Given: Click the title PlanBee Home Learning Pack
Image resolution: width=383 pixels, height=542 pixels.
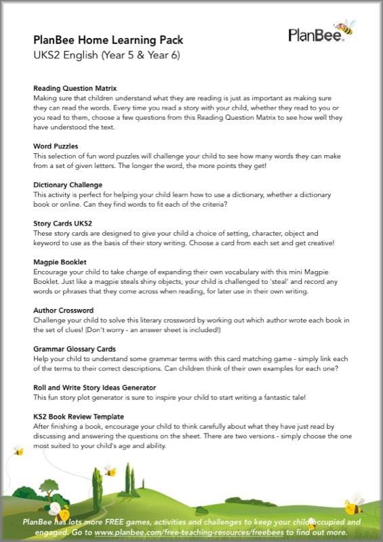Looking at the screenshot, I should pyautogui.click(x=108, y=40).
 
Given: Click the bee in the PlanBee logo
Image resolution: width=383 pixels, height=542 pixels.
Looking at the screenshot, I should pyautogui.click(x=345, y=28).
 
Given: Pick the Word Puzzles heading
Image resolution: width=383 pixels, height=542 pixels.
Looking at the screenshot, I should pyautogui.click(x=56, y=146).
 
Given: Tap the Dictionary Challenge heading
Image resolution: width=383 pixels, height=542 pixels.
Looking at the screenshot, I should pyautogui.click(x=68, y=184).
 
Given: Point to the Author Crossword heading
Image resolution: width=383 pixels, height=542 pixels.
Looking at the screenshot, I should pyautogui.click(x=63, y=310).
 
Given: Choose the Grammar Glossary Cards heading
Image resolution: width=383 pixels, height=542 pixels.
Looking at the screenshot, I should pyautogui.click(x=75, y=348).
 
